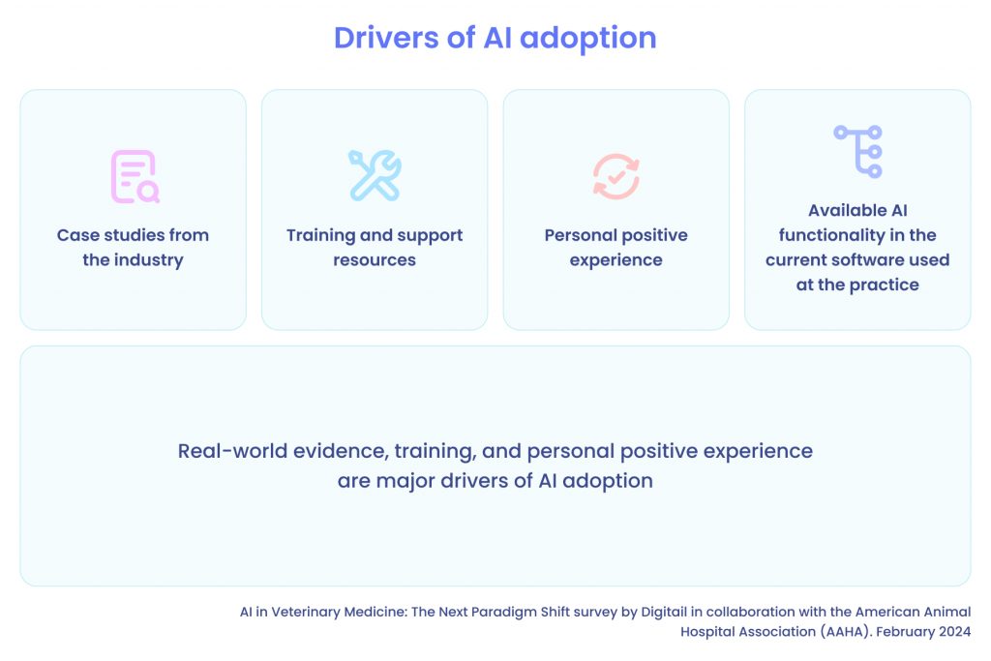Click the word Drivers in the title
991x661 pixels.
(386, 38)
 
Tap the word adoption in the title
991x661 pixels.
(588, 39)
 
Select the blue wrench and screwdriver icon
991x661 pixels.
(375, 176)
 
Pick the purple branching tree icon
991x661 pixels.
(857, 152)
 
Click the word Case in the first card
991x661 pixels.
(78, 235)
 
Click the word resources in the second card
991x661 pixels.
(375, 260)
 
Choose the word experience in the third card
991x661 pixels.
(616, 260)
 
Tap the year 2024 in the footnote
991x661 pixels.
(954, 631)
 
